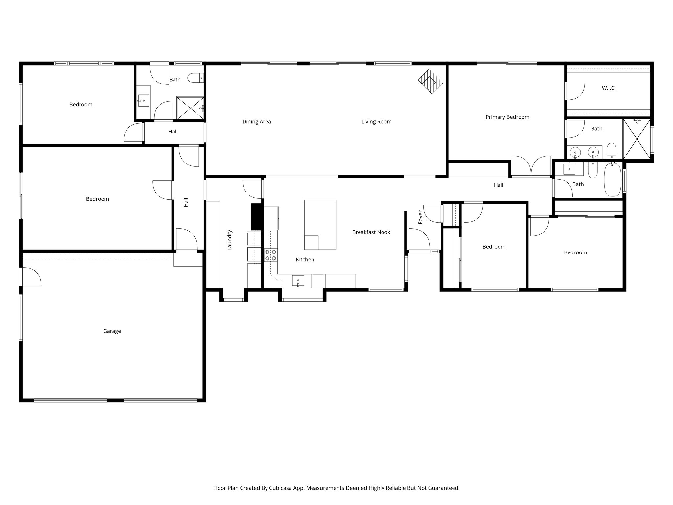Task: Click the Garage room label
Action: tap(112, 331)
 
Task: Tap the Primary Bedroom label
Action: tap(507, 117)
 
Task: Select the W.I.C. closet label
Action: tap(609, 88)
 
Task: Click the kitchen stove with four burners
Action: tap(270, 255)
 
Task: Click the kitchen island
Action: tap(320, 225)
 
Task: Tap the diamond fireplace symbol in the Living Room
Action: tap(430, 81)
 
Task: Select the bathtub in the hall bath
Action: tap(613, 180)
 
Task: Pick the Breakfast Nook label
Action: tap(371, 232)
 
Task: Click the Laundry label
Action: tap(230, 240)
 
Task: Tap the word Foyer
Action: tap(420, 218)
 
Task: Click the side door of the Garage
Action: tap(31, 277)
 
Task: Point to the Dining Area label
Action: tap(257, 122)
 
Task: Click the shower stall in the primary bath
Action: tap(637, 139)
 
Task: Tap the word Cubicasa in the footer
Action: tap(282, 488)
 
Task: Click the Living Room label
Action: tap(376, 122)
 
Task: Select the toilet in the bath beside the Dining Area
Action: tap(195, 78)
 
